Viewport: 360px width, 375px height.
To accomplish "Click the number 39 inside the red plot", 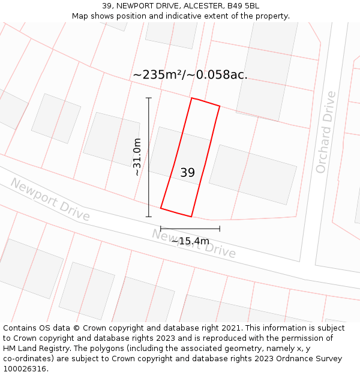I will pyautogui.click(x=187, y=173).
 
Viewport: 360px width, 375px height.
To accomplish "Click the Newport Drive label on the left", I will pyautogui.click(x=50, y=199).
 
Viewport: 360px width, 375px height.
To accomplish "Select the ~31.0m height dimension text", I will pyautogui.click(x=137, y=157).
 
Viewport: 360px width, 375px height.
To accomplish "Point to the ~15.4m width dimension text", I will pyautogui.click(x=190, y=241).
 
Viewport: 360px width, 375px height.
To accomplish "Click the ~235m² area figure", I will pyautogui.click(x=157, y=74).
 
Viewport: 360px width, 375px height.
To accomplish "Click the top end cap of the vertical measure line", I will pyautogui.click(x=149, y=98).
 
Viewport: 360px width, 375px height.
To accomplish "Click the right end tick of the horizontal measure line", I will pyautogui.click(x=220, y=229).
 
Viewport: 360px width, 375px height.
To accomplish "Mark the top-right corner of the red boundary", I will pyautogui.click(x=220, y=107).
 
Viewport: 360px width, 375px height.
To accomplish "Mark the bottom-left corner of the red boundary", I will pyautogui.click(x=161, y=208).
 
